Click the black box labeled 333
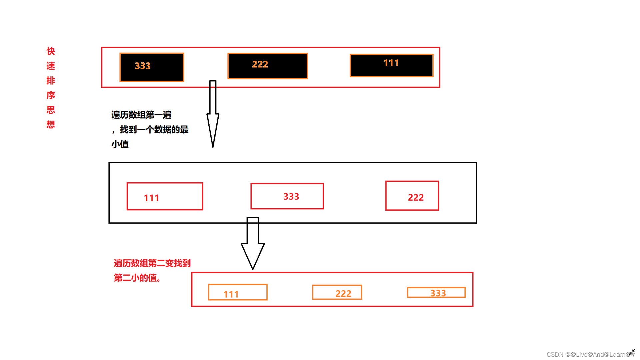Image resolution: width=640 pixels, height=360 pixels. click(152, 67)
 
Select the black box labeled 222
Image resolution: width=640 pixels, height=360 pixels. click(267, 66)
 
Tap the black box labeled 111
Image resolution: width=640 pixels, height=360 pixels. click(391, 65)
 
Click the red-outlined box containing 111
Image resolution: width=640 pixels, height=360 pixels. click(165, 196)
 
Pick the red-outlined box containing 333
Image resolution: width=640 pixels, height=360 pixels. click(287, 196)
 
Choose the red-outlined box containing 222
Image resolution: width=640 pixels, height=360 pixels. click(412, 196)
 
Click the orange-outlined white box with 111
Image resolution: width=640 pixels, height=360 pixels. click(238, 292)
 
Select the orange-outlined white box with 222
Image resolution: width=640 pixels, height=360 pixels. click(337, 292)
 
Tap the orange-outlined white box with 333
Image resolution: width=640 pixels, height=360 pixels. click(436, 292)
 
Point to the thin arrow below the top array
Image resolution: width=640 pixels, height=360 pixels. click(213, 113)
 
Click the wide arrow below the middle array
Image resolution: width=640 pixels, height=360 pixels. click(253, 243)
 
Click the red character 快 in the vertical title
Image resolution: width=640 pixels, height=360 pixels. click(51, 51)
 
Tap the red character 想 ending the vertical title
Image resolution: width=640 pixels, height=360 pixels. click(51, 125)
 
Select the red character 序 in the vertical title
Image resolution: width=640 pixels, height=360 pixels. click(51, 95)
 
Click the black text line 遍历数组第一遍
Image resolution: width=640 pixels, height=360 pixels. click(141, 115)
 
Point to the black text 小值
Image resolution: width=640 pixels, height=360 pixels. click(120, 144)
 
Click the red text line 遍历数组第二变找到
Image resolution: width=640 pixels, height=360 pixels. click(152, 263)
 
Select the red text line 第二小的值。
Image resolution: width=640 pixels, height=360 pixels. click(137, 278)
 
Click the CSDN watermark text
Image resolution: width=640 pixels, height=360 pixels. click(590, 354)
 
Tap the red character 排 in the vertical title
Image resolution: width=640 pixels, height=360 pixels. click(51, 81)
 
